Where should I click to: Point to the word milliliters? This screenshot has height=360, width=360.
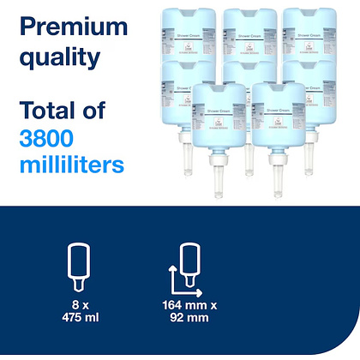coord(75,163)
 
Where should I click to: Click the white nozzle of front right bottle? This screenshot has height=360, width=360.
coord(277,174)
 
